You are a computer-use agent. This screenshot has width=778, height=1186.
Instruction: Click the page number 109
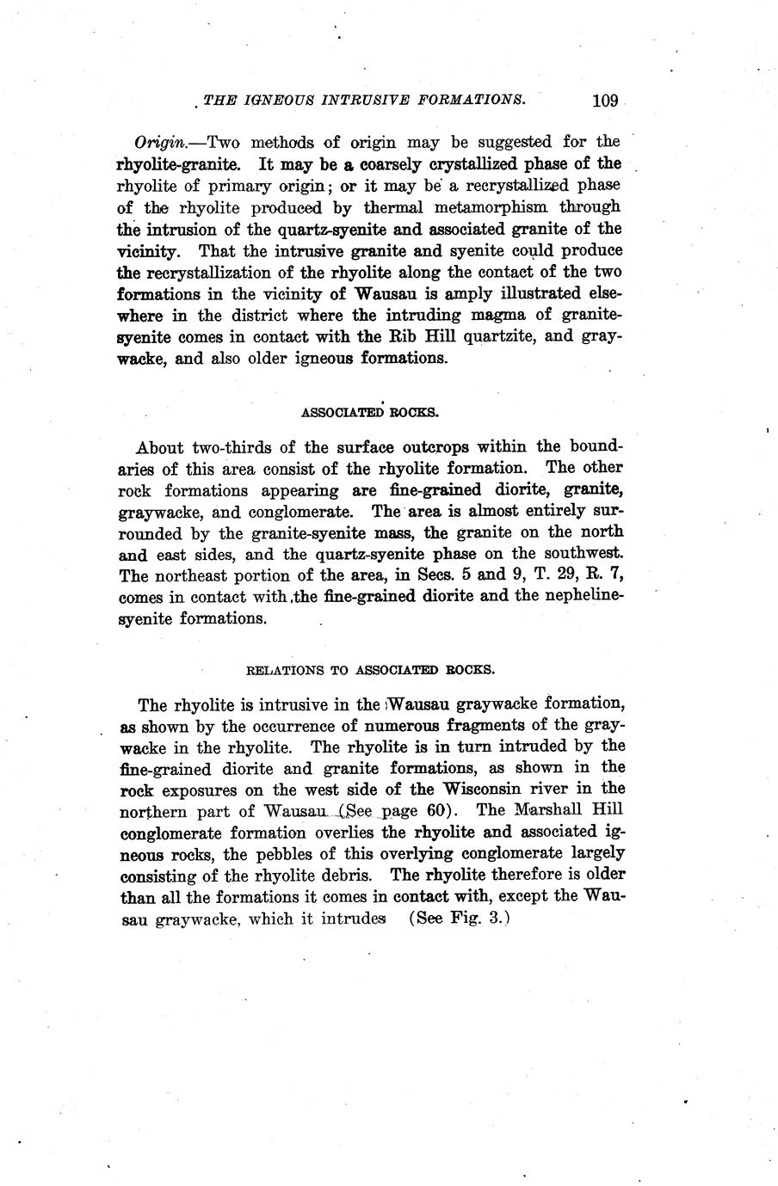coord(605,100)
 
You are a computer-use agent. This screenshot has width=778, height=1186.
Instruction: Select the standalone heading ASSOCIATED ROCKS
coord(370,413)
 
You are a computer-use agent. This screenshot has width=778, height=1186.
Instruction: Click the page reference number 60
coord(435,810)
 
